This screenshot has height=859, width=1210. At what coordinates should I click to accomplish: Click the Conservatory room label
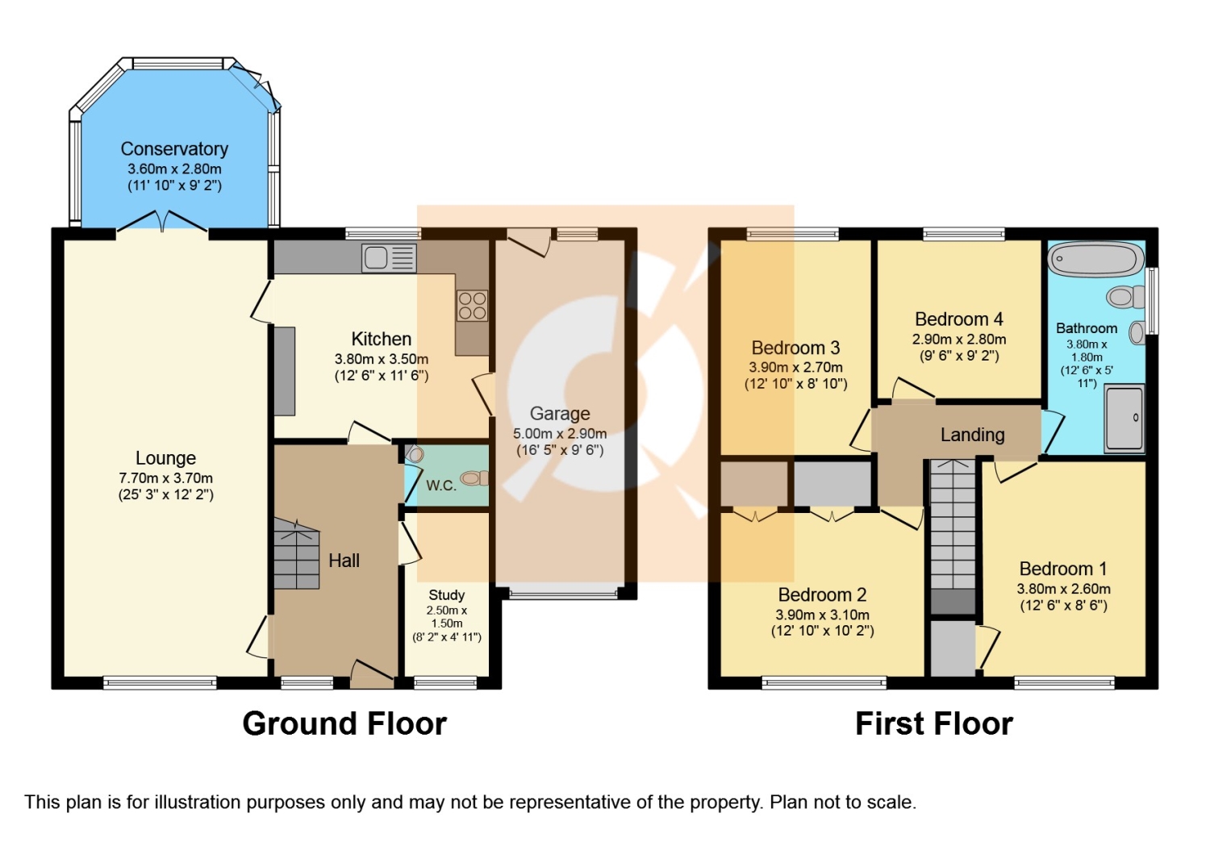(x=174, y=148)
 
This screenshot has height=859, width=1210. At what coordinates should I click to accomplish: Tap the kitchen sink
(x=389, y=258)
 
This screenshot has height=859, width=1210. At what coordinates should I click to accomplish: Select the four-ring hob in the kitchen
(x=472, y=305)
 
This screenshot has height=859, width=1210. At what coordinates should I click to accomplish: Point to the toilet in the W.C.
(x=474, y=478)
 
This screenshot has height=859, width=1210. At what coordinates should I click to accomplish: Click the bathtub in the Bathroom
(x=1096, y=259)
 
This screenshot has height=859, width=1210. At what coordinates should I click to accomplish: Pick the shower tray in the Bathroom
(x=1124, y=418)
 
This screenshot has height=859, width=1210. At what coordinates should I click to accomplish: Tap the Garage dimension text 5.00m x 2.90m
(x=560, y=433)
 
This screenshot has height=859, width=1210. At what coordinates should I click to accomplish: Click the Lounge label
(x=165, y=458)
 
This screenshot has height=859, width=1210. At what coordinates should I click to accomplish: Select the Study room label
(x=447, y=594)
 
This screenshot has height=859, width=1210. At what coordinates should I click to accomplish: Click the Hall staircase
(x=297, y=554)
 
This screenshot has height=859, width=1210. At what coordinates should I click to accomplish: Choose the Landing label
(x=972, y=435)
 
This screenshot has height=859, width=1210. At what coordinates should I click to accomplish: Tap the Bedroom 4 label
(x=959, y=319)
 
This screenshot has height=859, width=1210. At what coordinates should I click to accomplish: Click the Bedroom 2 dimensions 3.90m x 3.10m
(x=822, y=615)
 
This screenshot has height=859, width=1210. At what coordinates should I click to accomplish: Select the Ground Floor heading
(x=344, y=723)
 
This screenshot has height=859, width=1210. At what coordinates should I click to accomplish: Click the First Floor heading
(x=934, y=723)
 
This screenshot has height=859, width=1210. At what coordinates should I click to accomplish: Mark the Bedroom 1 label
(x=1063, y=569)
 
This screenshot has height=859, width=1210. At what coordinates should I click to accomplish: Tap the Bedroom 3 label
(x=795, y=348)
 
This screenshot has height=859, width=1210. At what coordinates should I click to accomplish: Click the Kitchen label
(x=382, y=340)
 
